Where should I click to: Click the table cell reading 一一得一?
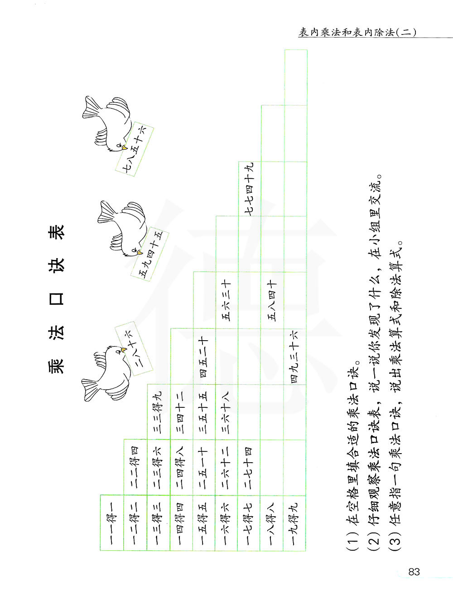[x=112, y=523]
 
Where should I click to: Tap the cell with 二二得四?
[x=135, y=467]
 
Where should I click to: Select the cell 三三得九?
[x=158, y=412]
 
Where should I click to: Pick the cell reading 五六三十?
[x=226, y=301]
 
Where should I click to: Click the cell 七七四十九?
[x=249, y=189]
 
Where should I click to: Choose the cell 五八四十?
[x=272, y=301]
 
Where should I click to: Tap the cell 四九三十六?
[x=295, y=357]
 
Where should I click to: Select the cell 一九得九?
[x=295, y=523]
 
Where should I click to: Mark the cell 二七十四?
[x=249, y=467]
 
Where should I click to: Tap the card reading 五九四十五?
[x=150, y=254]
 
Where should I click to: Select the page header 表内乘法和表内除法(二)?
[x=357, y=32]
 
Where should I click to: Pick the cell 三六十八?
[x=226, y=412]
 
